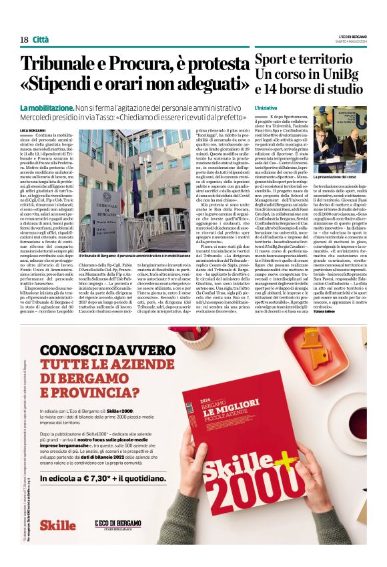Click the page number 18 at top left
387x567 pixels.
(24, 39)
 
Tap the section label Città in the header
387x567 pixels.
(41, 39)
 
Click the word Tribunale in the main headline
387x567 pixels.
(63, 65)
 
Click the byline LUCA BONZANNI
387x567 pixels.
(33, 128)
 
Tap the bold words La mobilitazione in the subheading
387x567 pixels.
(47, 108)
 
